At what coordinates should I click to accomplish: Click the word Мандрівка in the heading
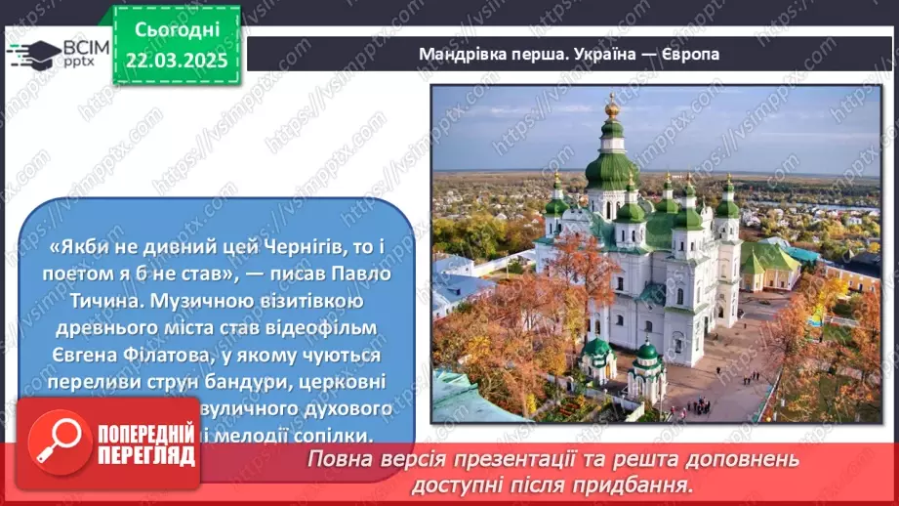click(458, 54)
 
